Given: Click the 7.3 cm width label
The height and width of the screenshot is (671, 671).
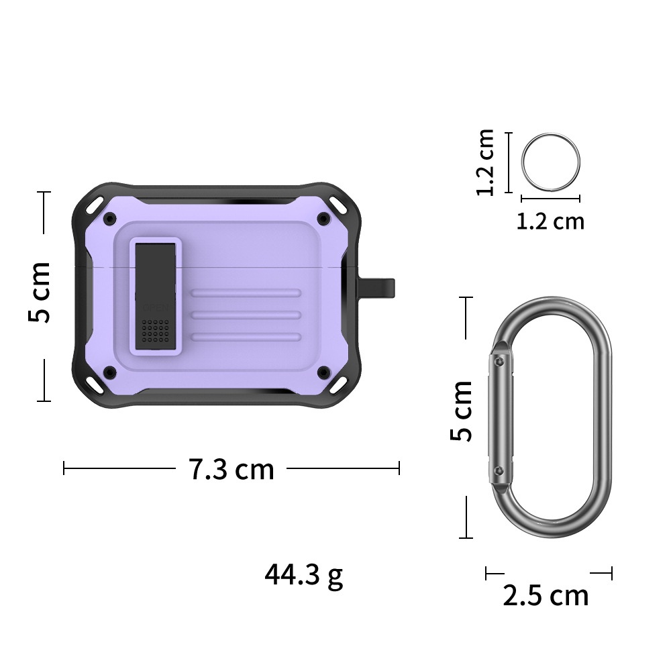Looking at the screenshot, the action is tap(231, 469).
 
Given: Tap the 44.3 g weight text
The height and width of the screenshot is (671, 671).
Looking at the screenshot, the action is tap(303, 576).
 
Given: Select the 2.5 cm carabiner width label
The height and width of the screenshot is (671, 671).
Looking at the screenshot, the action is tap(546, 595).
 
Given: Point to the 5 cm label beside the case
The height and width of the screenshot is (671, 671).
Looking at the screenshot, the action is tap(40, 292).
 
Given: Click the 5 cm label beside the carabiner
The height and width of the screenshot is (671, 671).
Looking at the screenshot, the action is tap(461, 411).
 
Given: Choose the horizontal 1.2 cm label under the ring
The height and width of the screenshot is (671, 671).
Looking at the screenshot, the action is tap(550, 221).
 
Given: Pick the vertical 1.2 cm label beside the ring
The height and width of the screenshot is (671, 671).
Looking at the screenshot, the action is tap(486, 162).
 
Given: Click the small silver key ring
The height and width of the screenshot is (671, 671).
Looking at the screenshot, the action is tap(550, 162).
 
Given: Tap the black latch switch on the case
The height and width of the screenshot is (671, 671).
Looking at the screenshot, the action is tap(156, 296).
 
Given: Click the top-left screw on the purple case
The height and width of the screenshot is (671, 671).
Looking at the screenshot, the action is tap(110, 219).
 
